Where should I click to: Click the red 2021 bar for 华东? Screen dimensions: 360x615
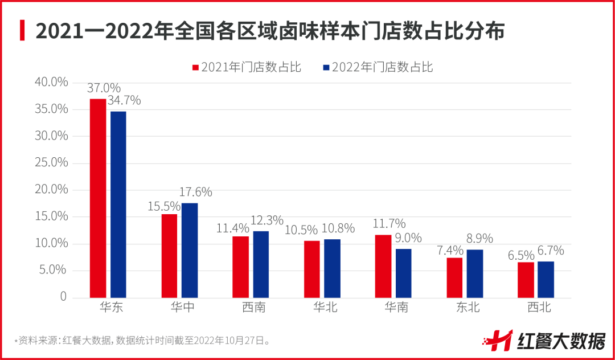[98, 198]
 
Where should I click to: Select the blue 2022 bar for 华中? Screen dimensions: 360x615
[190, 250]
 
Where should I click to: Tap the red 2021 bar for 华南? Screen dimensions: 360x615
[383, 266]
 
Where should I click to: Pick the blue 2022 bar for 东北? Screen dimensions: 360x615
[474, 273]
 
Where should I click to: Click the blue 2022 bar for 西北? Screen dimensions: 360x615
[546, 279]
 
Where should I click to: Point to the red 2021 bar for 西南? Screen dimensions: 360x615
[240, 267]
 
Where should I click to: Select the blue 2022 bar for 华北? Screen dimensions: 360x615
[332, 268]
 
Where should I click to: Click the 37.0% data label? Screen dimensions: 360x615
[104, 88]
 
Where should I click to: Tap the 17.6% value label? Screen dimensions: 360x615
[195, 192]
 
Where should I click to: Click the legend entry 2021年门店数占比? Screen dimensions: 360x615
[246, 67]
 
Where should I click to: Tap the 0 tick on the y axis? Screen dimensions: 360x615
[63, 297]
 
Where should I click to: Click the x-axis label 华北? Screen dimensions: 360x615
[325, 308]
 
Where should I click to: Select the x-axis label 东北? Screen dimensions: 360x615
[467, 308]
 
